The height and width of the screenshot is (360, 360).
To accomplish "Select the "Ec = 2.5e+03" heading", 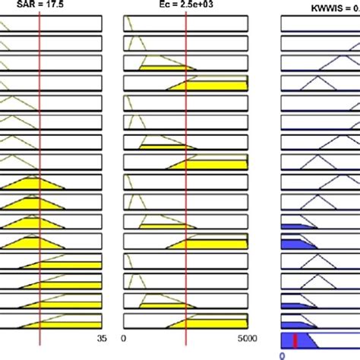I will click(186, 6).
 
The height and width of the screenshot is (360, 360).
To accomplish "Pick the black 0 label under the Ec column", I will click(125, 339).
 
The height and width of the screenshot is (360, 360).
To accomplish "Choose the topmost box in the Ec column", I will click(185, 24).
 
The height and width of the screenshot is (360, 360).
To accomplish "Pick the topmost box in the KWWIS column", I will click(320, 24).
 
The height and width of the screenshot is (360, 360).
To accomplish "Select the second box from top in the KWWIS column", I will click(320, 44).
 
